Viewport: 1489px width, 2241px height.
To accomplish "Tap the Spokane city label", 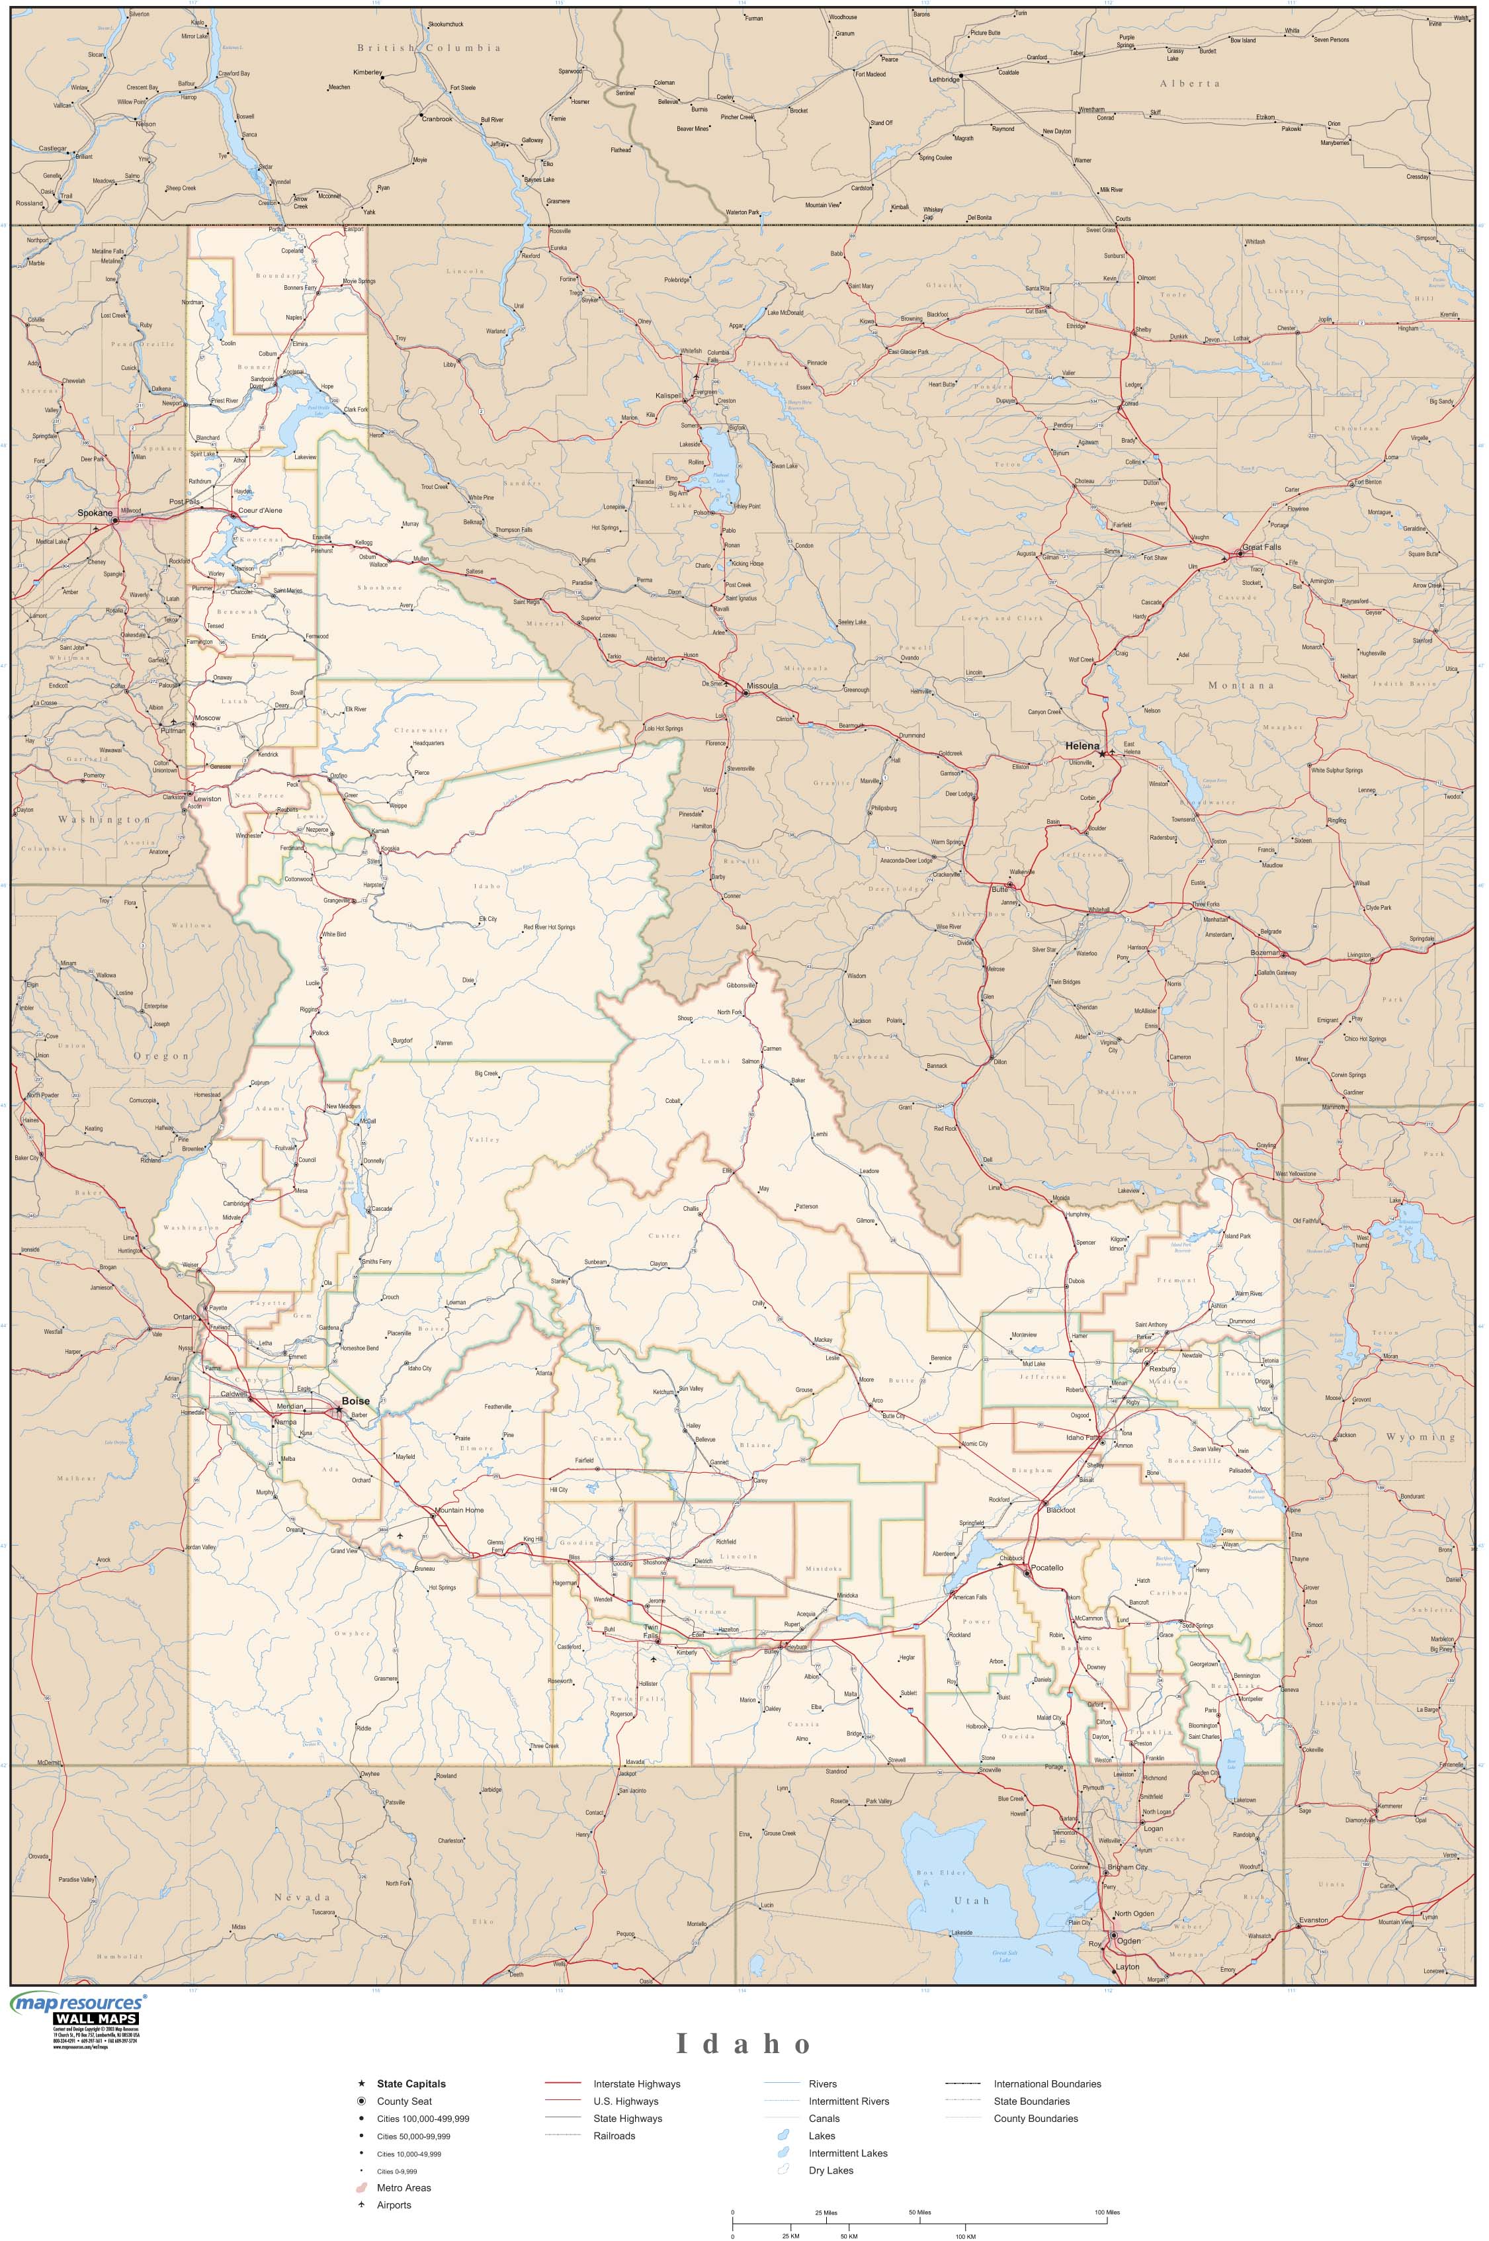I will point(95,513).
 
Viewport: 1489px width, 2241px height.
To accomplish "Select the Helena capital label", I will point(1082,746).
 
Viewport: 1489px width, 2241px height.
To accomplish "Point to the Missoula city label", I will point(763,685).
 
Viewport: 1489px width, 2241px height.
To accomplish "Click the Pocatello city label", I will point(1047,1567).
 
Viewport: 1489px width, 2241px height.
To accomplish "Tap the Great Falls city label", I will point(1261,548).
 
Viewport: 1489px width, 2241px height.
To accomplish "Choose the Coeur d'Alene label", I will point(260,511).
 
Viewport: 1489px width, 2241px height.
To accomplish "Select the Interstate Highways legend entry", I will point(636,2084).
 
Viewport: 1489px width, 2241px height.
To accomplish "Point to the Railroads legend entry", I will point(615,2136).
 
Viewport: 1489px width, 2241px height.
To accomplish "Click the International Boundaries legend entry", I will point(1046,2084).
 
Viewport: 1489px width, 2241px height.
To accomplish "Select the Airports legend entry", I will point(394,2205).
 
